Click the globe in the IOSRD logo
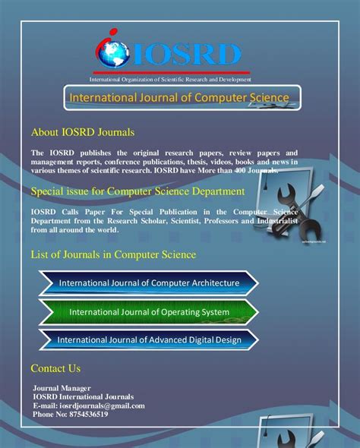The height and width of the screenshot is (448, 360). point(113,54)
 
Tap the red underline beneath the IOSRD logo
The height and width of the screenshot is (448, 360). point(172,73)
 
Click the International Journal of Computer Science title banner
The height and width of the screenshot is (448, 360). point(182,98)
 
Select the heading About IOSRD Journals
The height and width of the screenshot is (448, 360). point(83,132)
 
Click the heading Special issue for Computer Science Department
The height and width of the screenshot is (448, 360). point(137,191)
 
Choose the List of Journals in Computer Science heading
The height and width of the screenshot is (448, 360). point(113,254)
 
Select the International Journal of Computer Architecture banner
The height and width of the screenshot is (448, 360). point(149,283)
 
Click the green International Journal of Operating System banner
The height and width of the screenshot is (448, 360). point(149,312)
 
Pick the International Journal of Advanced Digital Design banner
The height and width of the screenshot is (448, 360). point(149,339)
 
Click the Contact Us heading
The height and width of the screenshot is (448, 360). point(55,368)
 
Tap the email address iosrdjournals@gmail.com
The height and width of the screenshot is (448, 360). point(103,405)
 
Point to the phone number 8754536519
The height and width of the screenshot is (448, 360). point(89,415)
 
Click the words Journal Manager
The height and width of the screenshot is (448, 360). point(62,388)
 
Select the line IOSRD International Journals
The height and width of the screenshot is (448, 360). point(83,397)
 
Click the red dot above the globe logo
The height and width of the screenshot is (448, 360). point(113,31)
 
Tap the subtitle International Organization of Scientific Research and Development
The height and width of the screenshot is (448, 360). point(170,80)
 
